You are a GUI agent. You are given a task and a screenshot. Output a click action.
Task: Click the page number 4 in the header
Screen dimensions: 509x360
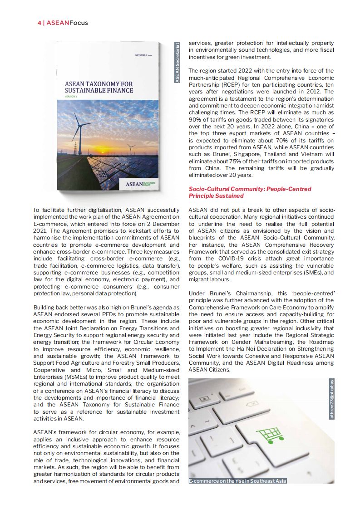click(39, 23)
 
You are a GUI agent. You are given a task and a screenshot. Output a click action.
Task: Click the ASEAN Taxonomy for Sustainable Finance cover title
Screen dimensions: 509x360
click(99, 87)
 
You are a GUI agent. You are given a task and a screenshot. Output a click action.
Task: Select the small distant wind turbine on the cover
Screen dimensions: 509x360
click(131, 147)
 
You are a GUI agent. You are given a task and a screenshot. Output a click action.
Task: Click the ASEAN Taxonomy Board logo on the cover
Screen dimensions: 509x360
click(140, 184)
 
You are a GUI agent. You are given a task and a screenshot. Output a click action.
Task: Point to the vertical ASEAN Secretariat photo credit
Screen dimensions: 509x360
click(178, 63)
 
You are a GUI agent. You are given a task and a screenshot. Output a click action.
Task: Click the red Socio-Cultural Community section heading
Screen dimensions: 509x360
click(256, 192)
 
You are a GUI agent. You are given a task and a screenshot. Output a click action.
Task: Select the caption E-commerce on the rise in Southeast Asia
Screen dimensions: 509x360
click(237, 481)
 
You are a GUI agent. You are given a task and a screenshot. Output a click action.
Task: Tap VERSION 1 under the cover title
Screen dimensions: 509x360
click(71, 97)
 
